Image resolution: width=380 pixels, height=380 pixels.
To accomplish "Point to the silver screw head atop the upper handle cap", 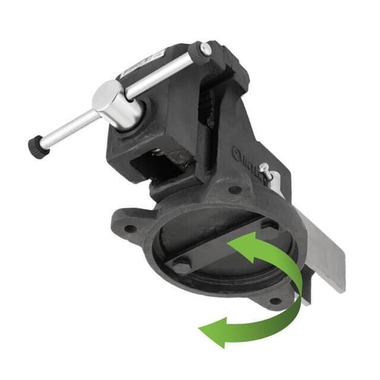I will tap(205, 48).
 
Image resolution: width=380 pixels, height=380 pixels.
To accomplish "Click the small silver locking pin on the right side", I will tap(268, 172).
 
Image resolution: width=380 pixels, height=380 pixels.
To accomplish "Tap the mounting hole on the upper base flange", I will tap(235, 190).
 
